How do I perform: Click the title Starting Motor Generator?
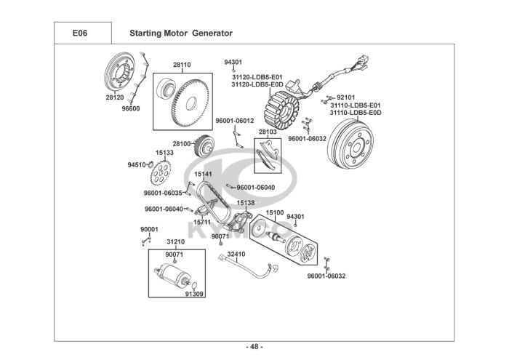coord(180,33)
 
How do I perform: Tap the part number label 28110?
coord(182,65)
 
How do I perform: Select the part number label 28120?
coord(115,97)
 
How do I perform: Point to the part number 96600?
coord(131,108)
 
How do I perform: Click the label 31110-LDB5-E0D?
coord(356,113)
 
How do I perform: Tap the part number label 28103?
coord(268,132)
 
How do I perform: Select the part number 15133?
coord(164,153)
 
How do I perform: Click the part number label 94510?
coord(137,165)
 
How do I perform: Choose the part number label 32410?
coord(236,255)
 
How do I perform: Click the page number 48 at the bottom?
coord(254,345)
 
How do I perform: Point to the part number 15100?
coord(274,213)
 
